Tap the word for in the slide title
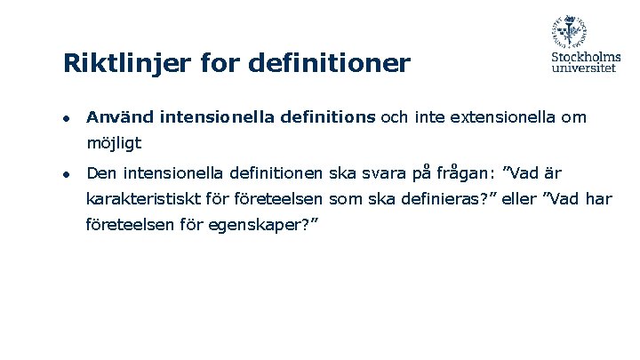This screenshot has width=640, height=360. pos(221,64)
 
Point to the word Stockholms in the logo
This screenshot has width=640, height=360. pos(584,59)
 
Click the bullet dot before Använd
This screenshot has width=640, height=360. pos(66,118)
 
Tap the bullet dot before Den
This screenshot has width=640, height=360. pos(66,172)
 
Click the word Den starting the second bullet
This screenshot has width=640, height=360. pos(101,172)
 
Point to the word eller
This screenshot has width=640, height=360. pos(519,199)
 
